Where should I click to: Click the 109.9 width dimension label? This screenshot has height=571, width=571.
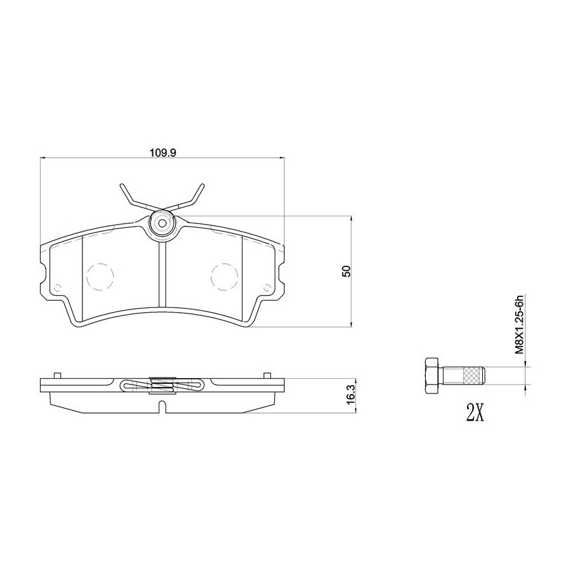point(163,152)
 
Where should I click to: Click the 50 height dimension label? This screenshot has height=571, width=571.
point(346,272)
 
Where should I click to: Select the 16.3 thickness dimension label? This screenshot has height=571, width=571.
point(350,396)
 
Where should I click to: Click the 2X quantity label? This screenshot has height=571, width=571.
point(475,412)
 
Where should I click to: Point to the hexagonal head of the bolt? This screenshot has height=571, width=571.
point(432,376)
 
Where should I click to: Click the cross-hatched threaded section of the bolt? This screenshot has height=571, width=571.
point(472,376)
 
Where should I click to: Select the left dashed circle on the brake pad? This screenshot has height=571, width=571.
point(100,277)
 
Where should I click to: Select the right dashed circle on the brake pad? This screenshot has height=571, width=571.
point(225,277)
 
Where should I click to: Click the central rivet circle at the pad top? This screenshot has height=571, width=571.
point(162,223)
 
